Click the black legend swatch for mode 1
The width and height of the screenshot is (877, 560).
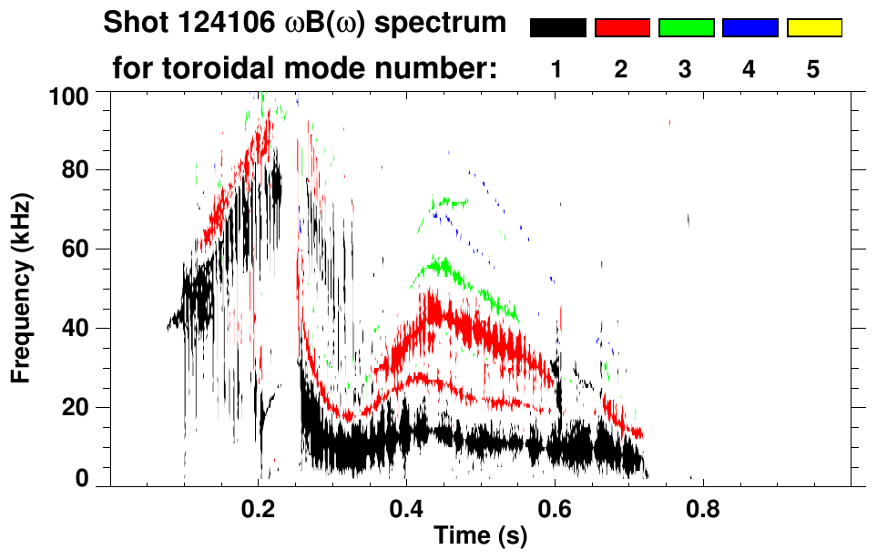[557, 28]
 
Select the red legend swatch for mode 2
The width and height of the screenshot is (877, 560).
[622, 28]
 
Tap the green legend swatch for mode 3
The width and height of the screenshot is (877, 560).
[686, 28]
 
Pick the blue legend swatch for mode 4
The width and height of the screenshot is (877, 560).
[750, 28]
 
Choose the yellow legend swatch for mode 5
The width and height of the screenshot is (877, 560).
[814, 28]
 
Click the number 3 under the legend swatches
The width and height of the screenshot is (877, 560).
[686, 69]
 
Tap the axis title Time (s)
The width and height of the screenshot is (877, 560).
[480, 537]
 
